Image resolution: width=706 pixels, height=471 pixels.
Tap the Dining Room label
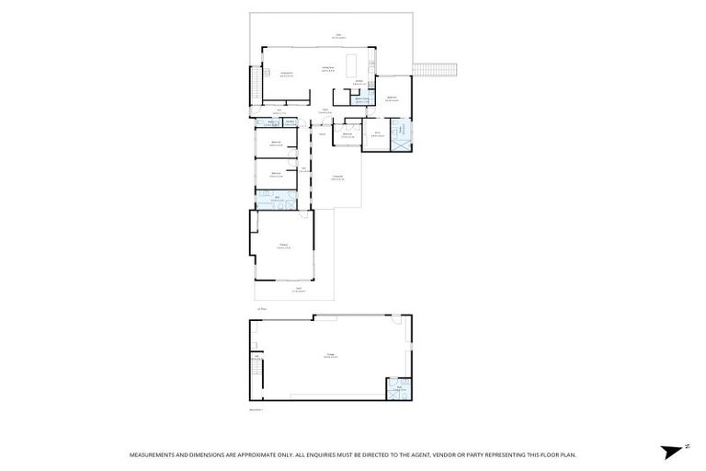pos(326,67)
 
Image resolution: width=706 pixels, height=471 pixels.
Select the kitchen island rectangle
pos(351,63)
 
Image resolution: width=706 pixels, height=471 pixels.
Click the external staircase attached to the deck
pos(436,70)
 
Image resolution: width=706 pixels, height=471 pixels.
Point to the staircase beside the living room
pos(256,87)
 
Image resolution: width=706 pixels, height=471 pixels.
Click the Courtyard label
pos(337,177)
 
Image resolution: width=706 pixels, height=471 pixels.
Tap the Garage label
pos(329,355)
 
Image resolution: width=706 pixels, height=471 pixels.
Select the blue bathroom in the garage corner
pos(397,389)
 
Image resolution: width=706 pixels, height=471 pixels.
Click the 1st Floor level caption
pos(262,308)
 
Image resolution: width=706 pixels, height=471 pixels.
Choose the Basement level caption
pos(256,410)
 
